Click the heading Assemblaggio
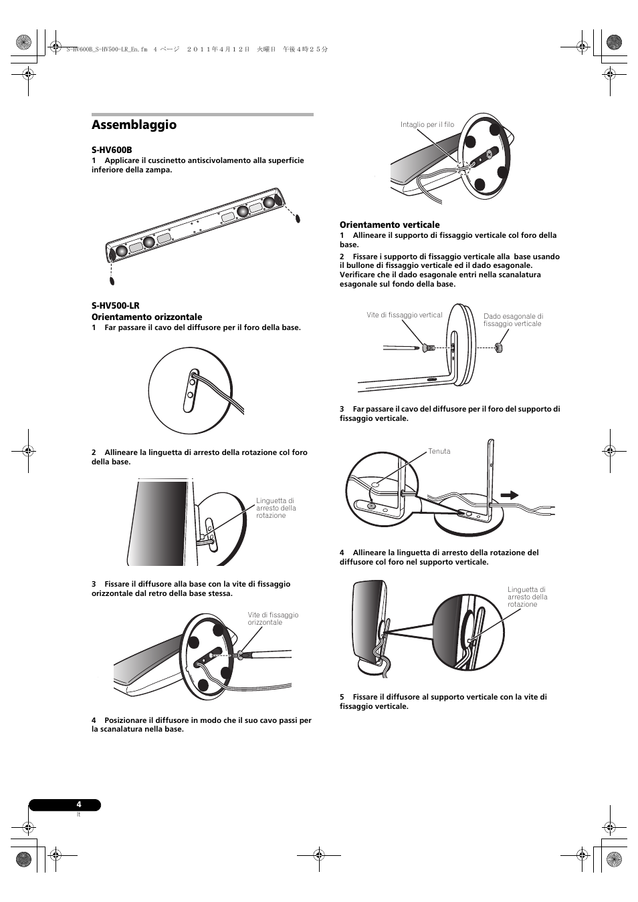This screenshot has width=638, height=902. tap(134, 125)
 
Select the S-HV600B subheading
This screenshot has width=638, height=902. tap(112, 150)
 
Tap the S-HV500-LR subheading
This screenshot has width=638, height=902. tap(115, 306)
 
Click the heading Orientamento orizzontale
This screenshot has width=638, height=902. tap(146, 317)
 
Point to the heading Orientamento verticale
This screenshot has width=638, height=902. tap(389, 224)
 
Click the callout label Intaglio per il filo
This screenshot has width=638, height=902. tap(427, 125)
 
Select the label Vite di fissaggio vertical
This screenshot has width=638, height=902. tap(404, 315)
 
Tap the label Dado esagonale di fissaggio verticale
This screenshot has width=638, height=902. tap(513, 320)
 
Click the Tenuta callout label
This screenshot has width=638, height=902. tap(439, 452)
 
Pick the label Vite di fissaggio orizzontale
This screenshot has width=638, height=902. tap(273, 619)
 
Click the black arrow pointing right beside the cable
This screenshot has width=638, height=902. tap(510, 495)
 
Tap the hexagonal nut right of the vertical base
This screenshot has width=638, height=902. tap(498, 347)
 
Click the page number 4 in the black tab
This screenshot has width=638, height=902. tap(79, 804)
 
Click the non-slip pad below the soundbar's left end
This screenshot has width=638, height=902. tap(112, 281)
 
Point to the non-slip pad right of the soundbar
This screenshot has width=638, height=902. tap(298, 218)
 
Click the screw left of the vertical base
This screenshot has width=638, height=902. tap(426, 347)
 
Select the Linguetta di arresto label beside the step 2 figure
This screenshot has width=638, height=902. tap(276, 508)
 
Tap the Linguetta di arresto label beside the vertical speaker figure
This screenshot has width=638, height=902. tap(527, 597)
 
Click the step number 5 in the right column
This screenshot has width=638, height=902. tap(342, 697)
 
